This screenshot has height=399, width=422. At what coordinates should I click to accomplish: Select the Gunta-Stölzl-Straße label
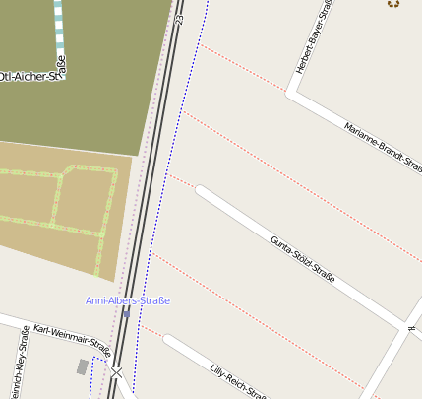302,259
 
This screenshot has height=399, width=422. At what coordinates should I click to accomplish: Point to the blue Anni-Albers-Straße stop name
128,300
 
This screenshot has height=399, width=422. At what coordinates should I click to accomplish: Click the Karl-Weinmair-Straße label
72,338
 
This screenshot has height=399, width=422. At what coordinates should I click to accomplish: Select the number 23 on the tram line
179,18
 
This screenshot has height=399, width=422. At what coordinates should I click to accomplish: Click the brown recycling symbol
393,3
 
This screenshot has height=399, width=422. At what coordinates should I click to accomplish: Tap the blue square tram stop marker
126,314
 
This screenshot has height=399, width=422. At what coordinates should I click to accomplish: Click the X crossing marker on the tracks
117,373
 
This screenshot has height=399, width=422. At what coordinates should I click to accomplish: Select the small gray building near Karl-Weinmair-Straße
82,367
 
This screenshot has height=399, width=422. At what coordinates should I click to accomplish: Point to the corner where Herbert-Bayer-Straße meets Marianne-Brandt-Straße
291,94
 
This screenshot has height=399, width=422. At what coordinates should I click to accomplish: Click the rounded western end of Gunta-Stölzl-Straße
202,190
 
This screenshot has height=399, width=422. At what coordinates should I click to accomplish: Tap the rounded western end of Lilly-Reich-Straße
169,340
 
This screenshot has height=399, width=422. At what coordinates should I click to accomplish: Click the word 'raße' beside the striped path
61,68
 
